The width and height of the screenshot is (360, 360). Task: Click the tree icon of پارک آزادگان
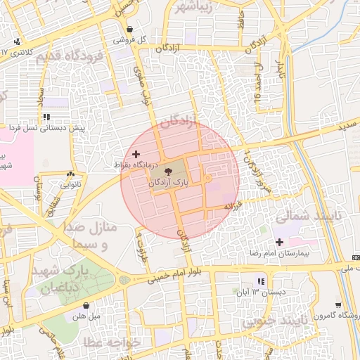168,171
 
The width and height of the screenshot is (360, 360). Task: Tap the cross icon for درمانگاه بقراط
136,153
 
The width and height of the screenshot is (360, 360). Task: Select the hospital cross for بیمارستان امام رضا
280,242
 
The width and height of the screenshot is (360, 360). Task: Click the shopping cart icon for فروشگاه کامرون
338,305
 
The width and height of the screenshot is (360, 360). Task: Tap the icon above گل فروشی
129,29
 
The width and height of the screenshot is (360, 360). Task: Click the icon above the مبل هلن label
86,306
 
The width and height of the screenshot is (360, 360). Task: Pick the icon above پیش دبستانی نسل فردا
46,117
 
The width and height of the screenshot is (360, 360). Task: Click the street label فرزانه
233,206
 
